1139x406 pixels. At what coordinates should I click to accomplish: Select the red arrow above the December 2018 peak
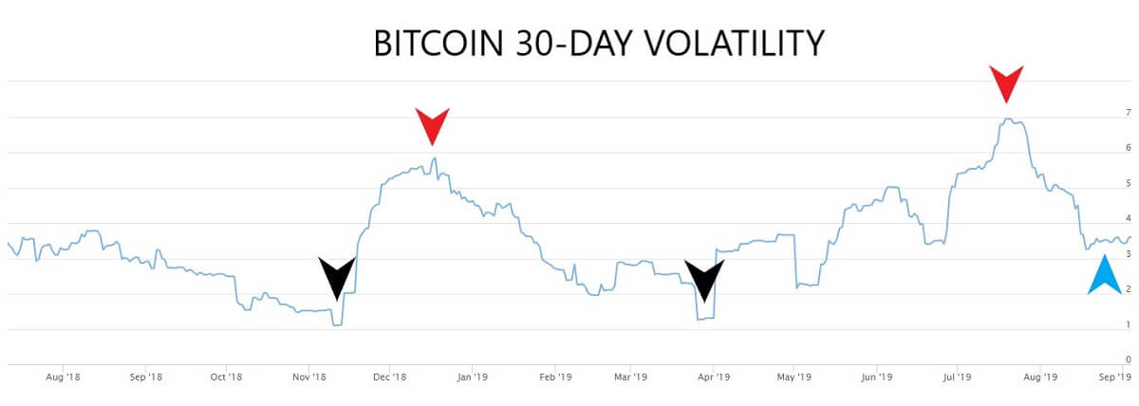[x=432, y=123]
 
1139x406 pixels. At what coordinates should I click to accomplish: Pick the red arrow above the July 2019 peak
[x=1006, y=83]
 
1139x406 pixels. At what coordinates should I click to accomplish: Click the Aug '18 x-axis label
[x=62, y=377]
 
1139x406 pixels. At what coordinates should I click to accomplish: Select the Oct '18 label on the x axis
[x=225, y=377]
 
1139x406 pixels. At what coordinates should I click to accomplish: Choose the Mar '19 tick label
[x=632, y=377]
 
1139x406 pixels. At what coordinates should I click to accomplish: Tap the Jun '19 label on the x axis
[x=876, y=377]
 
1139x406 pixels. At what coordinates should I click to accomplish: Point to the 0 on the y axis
[x=1128, y=360]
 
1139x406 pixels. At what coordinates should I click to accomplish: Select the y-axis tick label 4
[x=1128, y=219]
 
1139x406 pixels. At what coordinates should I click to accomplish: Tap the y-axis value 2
[x=1128, y=289]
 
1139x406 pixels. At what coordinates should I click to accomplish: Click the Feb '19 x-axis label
[x=555, y=377]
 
